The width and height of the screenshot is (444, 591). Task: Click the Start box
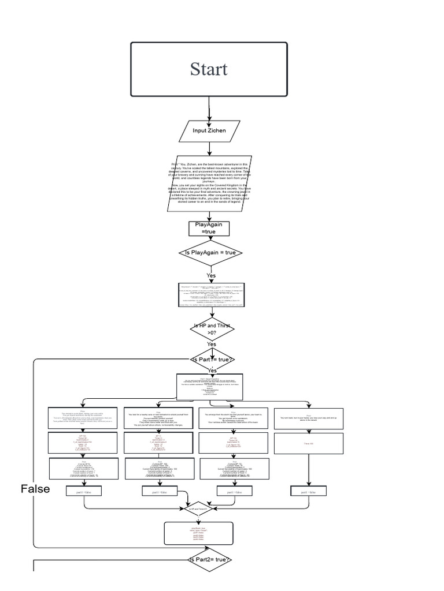[209, 69]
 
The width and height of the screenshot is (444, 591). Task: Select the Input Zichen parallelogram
[209, 130]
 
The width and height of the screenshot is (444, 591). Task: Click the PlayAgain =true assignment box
[209, 228]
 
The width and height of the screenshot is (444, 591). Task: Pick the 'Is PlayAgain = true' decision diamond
[211, 253]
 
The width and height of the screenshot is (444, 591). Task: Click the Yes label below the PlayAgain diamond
[211, 275]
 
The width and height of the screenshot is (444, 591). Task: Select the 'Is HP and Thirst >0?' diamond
[212, 329]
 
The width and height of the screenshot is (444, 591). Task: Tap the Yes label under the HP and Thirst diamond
[212, 345]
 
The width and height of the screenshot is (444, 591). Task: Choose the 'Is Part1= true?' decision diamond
[212, 359]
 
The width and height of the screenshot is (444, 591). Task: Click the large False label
[35, 489]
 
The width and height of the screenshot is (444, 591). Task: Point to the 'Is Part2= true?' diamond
[211, 560]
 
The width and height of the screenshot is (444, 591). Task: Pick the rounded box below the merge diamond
[198, 534]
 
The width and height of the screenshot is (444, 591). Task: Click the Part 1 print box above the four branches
[210, 386]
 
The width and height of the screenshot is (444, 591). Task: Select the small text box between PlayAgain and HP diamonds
[211, 294]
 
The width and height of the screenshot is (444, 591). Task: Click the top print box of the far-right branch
[309, 418]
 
